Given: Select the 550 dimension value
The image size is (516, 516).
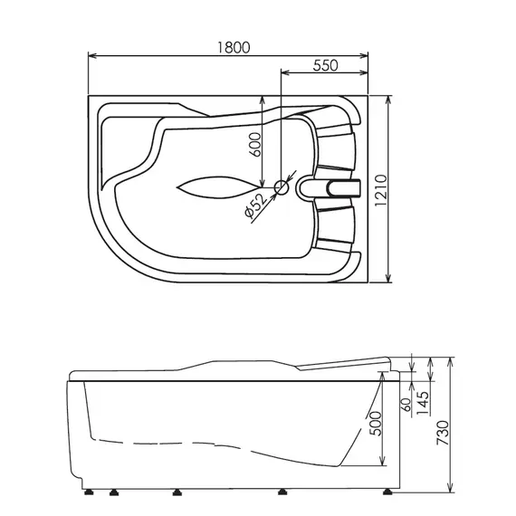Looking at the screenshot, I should (327, 64).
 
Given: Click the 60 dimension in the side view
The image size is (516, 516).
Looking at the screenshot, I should (406, 400).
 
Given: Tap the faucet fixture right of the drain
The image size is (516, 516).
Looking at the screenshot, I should (334, 188).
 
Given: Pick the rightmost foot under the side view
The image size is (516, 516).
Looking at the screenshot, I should (387, 493).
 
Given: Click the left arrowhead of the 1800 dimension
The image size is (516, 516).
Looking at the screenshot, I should (91, 57).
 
